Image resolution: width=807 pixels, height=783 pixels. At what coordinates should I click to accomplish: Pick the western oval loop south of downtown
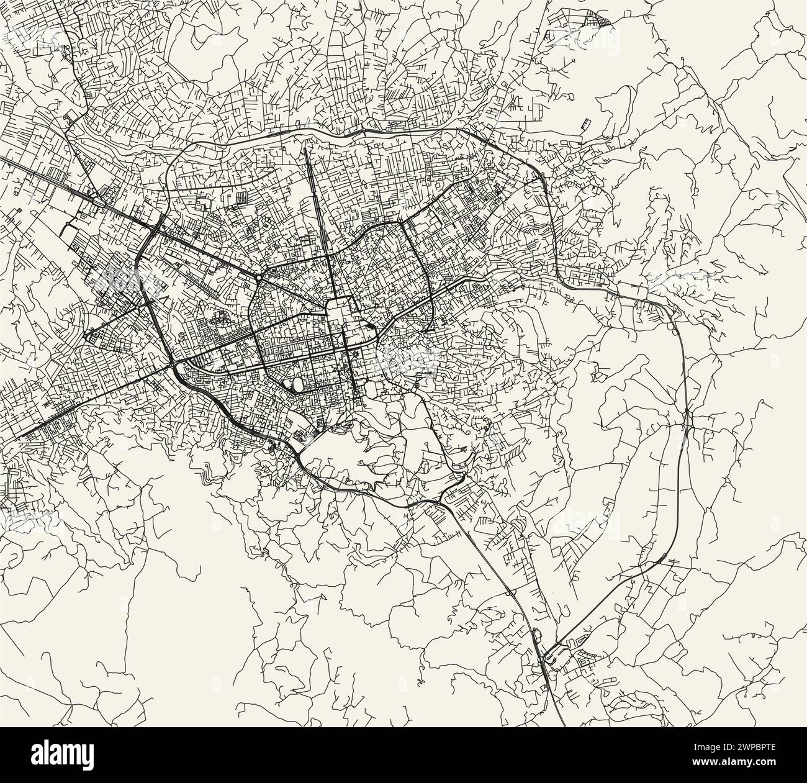pyautogui.click(x=297, y=384)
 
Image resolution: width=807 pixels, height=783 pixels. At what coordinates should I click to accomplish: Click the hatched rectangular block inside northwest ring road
pyautogui.click(x=238, y=198)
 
